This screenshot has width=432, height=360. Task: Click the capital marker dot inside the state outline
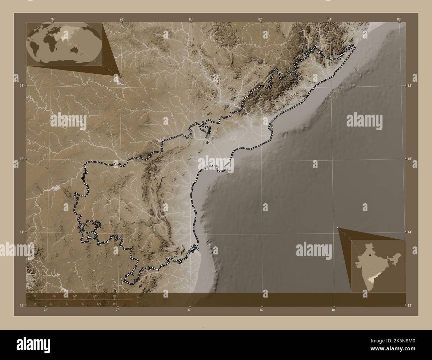[x=207, y=142]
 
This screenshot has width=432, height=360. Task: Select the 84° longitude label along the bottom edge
[x=334, y=310]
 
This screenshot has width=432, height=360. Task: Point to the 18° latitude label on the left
[x=21, y=86]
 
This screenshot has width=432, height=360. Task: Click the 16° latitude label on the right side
[x=410, y=159]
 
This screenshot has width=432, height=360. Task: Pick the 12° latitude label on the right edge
[x=410, y=305]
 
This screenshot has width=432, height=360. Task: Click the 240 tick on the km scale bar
[x=114, y=296]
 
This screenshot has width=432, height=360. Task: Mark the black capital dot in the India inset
[x=369, y=256]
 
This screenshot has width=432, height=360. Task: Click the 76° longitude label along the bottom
[x=46, y=310]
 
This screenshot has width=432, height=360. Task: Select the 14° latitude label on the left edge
[x=21, y=232]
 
